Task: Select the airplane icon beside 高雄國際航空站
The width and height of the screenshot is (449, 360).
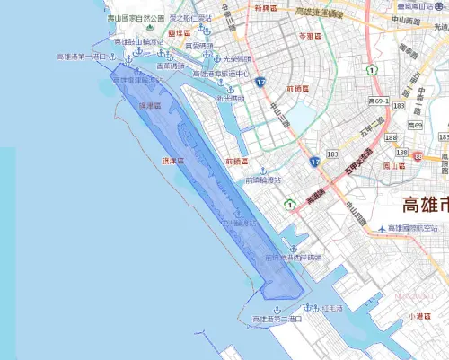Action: pos(383,229)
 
